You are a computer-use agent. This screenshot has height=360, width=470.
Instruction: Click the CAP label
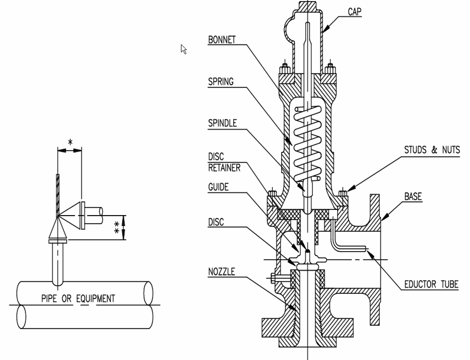click(355, 11)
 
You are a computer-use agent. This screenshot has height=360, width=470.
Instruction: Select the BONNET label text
click(222, 39)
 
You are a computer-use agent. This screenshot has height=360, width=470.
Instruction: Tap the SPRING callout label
click(221, 82)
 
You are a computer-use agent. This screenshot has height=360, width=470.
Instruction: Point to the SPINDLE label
click(222, 123)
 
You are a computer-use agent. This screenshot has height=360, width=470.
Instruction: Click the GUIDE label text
click(218, 187)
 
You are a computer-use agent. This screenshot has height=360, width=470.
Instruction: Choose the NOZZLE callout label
click(221, 272)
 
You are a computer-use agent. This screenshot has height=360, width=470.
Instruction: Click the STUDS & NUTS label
click(432, 150)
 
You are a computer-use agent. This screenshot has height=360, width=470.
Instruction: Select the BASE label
click(413, 197)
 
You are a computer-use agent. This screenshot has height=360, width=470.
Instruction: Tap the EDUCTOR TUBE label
click(431, 284)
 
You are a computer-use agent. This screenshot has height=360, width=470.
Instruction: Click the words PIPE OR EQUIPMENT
click(78, 298)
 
